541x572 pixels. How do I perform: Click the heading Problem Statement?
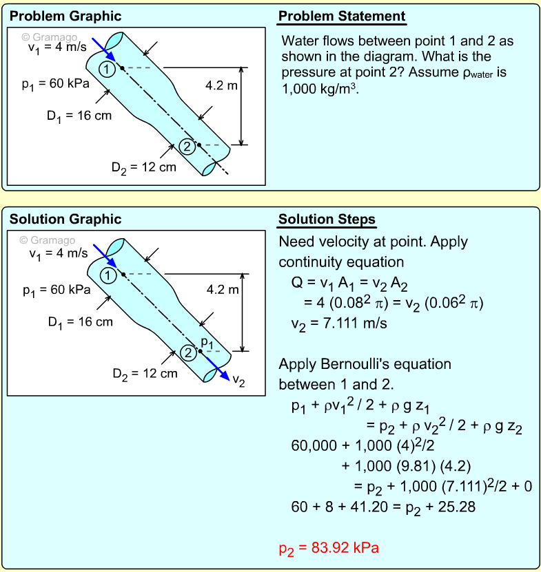[342, 17]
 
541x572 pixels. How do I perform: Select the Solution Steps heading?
[327, 220]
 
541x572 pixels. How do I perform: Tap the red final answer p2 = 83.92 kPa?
[329, 548]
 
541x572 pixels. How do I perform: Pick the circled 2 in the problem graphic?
[186, 145]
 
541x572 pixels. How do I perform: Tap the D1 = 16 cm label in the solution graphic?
[80, 321]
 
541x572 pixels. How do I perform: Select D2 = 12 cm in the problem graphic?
[143, 166]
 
